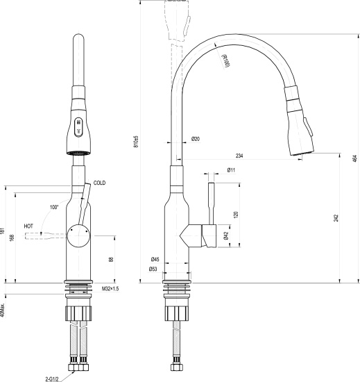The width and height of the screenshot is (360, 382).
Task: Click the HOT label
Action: click(29, 226)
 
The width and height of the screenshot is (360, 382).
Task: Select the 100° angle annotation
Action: click(54, 207)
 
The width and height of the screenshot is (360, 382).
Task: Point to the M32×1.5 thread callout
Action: click(111, 288)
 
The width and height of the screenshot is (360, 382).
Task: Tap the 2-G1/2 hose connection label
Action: click(55, 379)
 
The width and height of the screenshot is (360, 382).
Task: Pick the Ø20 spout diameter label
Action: click(196, 140)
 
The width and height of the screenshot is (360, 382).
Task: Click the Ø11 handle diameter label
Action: click(231, 170)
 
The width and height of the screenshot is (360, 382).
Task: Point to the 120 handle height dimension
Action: click(236, 215)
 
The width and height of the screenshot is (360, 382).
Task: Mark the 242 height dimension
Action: click(335, 218)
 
